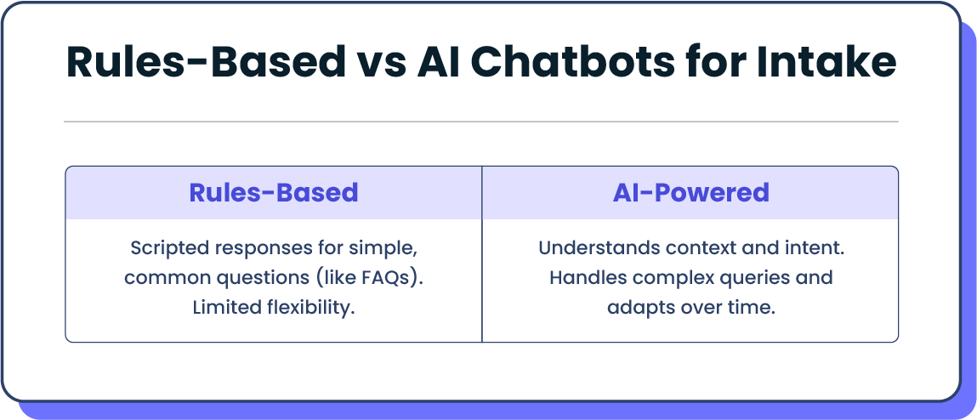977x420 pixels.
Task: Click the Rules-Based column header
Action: point(273,193)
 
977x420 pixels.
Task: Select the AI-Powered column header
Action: point(690,193)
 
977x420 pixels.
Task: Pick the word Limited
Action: point(223,307)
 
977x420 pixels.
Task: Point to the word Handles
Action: point(585,278)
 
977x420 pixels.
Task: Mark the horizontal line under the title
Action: point(481,122)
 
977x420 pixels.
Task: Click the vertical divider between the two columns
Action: point(482,281)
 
